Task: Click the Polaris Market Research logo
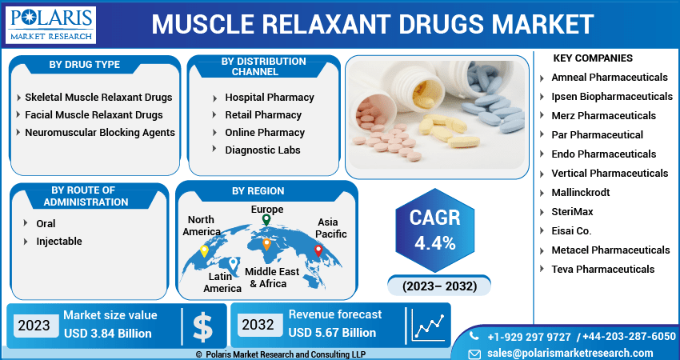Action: point(50,25)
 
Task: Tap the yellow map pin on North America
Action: point(204,250)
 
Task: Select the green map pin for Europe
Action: point(266,220)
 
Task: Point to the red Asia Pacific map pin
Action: point(318,250)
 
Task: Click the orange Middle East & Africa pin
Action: point(266,244)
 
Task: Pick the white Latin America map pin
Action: point(234,263)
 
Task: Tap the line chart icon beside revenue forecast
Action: point(429,326)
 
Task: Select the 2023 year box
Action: point(35,326)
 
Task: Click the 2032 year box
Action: point(258,325)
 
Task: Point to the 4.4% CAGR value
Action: point(434,244)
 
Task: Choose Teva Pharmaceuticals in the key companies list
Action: point(603,270)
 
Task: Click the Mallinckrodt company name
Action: point(581,193)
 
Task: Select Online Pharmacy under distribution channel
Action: point(265,133)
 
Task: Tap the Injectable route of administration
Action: point(59,242)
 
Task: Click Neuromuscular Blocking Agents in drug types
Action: point(100,133)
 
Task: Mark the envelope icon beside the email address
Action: point(475,354)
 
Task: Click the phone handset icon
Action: point(474,336)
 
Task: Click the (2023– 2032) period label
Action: point(439,286)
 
